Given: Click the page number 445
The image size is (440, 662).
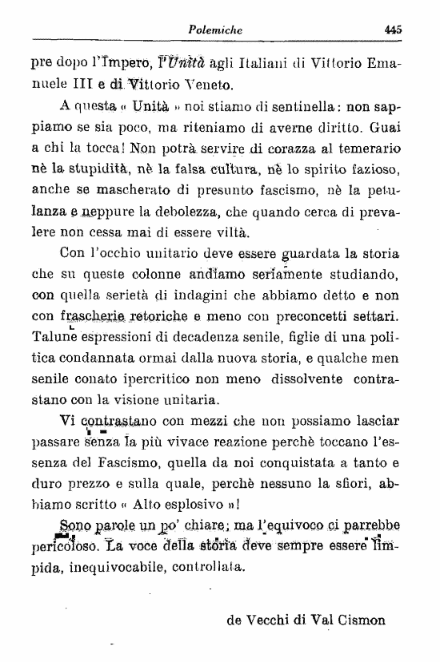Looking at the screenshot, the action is (392, 29).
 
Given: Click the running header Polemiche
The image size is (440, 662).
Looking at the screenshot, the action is (215, 30).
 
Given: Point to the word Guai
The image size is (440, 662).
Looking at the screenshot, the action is (383, 126).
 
